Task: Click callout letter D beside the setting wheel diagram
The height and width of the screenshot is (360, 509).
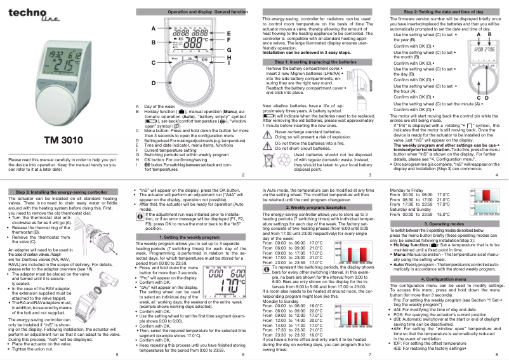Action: point(154,83)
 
